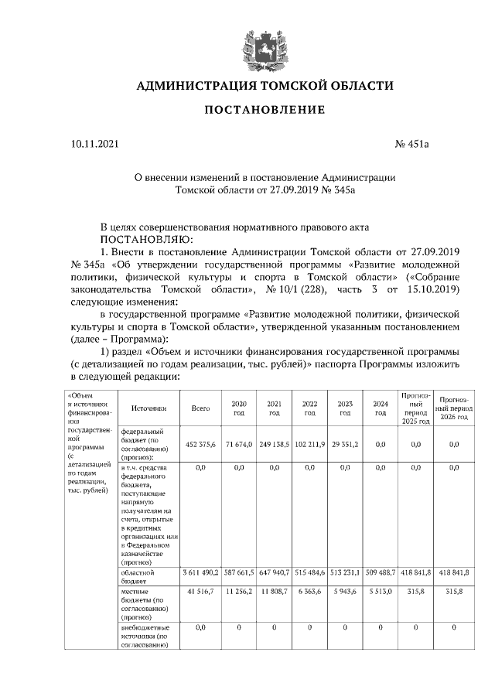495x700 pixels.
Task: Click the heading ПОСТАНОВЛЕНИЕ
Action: click(265, 110)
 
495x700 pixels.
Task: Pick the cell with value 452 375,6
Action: click(200, 445)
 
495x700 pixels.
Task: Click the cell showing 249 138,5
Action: click(274, 445)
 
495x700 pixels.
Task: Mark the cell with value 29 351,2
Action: click(345, 445)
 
